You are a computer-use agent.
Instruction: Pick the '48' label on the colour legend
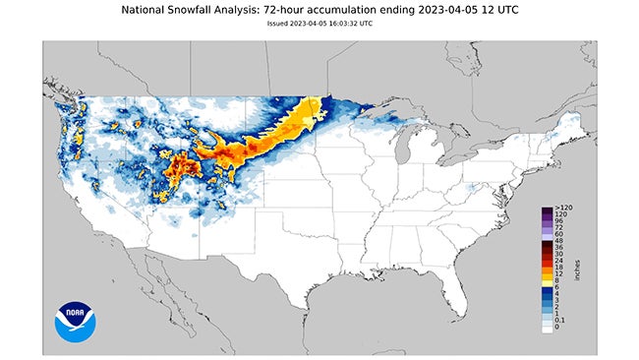(557, 240)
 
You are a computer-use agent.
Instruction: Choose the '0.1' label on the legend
(558, 320)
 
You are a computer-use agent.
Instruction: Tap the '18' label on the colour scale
(557, 266)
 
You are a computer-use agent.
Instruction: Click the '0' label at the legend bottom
(555, 328)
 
